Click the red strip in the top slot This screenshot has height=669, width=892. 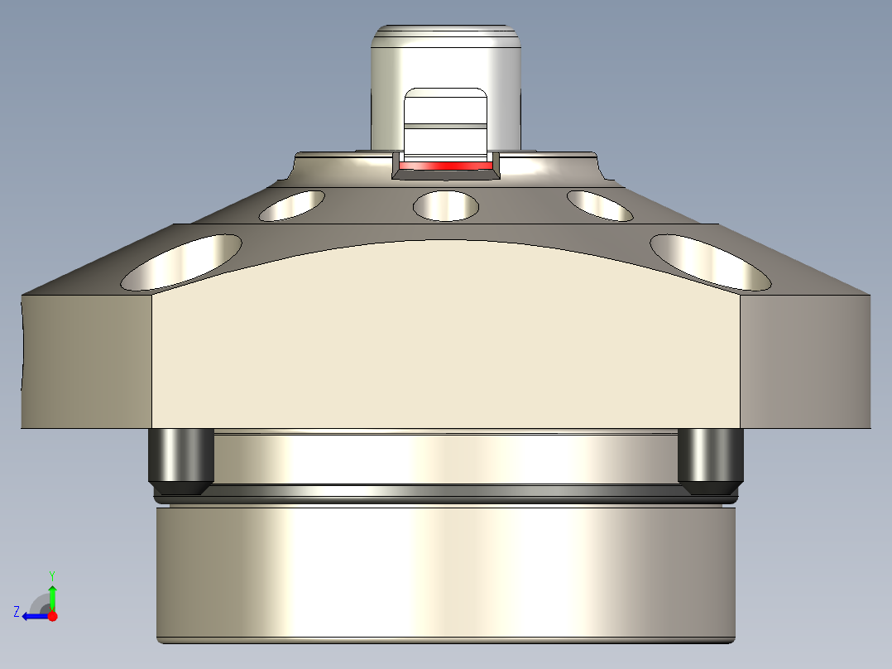point(445,166)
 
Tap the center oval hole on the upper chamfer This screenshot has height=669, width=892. point(446,205)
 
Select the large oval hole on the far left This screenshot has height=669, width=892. point(181,262)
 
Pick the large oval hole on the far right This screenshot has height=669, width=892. point(710,262)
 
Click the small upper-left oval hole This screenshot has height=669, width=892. point(292,205)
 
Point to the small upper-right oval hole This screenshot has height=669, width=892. point(600,205)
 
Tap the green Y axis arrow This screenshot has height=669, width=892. point(52,594)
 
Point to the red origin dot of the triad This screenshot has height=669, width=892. point(53,616)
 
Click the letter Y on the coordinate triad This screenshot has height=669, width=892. point(52,575)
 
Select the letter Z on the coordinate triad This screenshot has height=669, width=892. point(17,612)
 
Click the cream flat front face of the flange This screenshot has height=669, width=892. point(445,348)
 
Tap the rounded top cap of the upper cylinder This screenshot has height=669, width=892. point(445,37)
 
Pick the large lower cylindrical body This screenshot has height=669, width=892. point(445,571)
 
